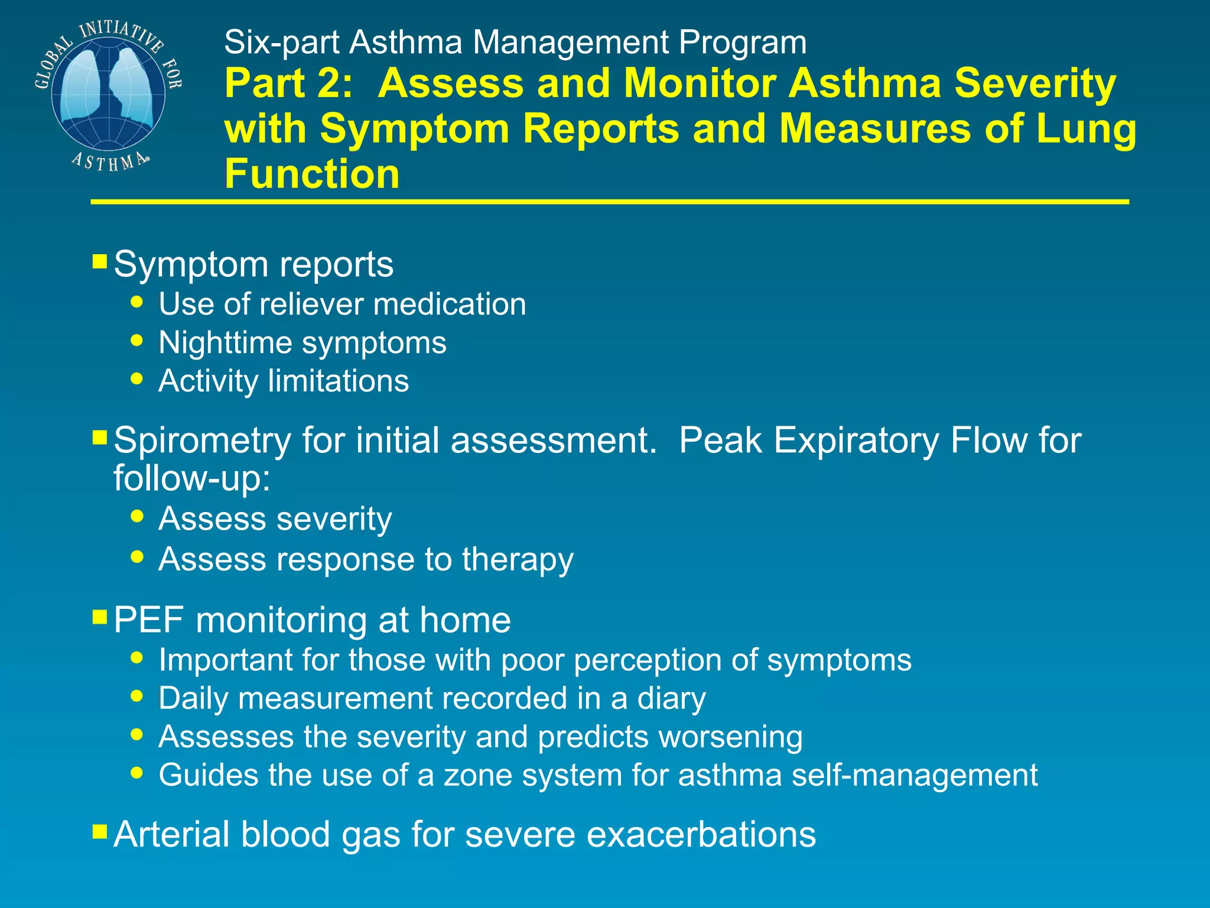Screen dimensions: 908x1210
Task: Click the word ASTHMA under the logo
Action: pyautogui.click(x=110, y=161)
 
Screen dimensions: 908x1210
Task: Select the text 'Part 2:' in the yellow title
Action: pyautogui.click(x=288, y=83)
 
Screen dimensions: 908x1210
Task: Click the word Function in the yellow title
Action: pyautogui.click(x=312, y=174)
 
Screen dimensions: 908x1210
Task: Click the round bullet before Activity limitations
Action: pyautogui.click(x=137, y=378)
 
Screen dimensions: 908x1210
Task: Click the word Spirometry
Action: pyautogui.click(x=202, y=440)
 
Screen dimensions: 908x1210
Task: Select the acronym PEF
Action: pyautogui.click(x=149, y=620)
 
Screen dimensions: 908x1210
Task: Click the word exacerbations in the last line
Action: pyautogui.click(x=700, y=835)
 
